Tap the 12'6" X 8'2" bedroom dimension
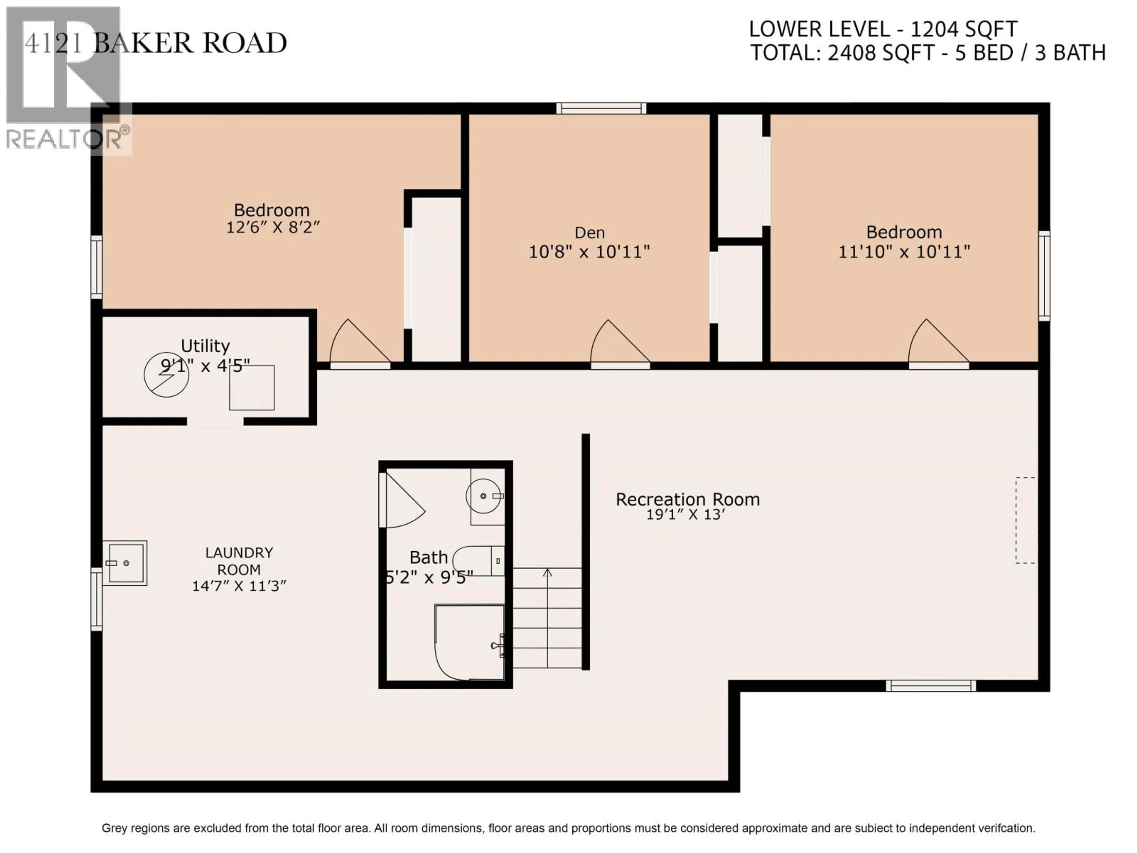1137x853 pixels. [x=273, y=227]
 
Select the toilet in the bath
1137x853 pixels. [x=478, y=560]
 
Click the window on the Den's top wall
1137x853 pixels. [x=601, y=108]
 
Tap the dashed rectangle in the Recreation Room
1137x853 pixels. [x=1025, y=520]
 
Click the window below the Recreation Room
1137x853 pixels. [x=930, y=685]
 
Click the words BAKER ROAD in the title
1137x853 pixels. [x=190, y=43]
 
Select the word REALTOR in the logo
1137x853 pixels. [x=63, y=139]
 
